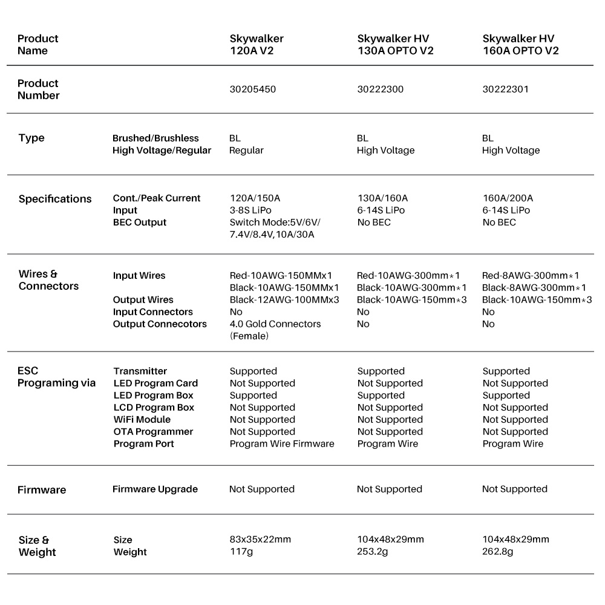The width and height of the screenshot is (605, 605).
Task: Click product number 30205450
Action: [252, 90]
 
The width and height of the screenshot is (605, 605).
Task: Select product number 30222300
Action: [380, 90]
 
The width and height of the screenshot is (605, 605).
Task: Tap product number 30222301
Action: [505, 90]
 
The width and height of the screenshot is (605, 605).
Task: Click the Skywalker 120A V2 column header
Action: [257, 45]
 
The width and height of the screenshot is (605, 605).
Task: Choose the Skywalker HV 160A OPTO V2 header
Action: [520, 45]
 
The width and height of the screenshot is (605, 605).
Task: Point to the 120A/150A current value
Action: [255, 198]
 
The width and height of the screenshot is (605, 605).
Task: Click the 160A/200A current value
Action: [507, 198]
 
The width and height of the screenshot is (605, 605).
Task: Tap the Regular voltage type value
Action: [246, 151]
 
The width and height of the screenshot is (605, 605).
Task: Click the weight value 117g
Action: [240, 552]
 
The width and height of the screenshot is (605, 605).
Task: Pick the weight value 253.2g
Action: [372, 552]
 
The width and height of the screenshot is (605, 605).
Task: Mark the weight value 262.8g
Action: [497, 552]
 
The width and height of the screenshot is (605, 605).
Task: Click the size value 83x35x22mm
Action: [260, 540]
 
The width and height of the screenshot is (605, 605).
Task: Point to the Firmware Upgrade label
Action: [155, 489]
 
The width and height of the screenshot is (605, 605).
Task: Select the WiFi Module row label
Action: [142, 420]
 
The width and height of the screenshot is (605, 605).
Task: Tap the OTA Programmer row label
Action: [153, 432]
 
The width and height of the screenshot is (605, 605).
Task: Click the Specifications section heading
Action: [55, 199]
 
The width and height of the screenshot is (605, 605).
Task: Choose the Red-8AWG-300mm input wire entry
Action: [531, 276]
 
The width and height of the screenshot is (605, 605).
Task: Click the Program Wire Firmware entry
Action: [282, 444]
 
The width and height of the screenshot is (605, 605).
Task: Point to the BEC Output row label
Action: [139, 223]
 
